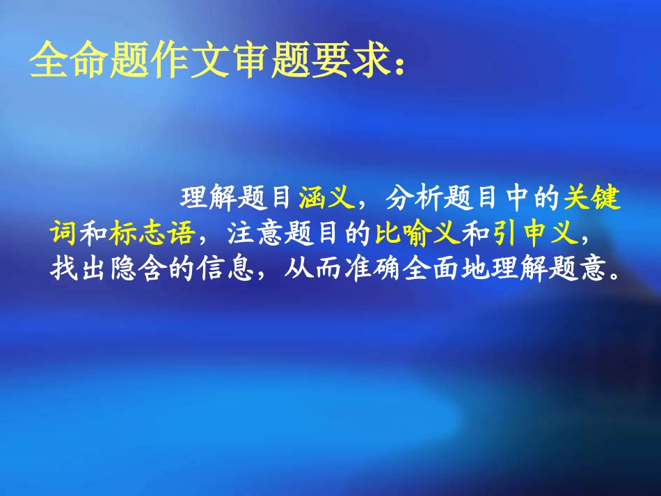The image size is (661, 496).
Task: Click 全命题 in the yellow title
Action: coord(73,62)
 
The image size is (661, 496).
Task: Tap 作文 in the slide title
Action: coord(163,62)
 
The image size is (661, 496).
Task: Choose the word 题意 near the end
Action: coord(590,269)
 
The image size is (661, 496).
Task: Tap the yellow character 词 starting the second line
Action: coord(63,235)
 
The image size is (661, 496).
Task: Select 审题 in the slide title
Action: coord(253,62)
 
